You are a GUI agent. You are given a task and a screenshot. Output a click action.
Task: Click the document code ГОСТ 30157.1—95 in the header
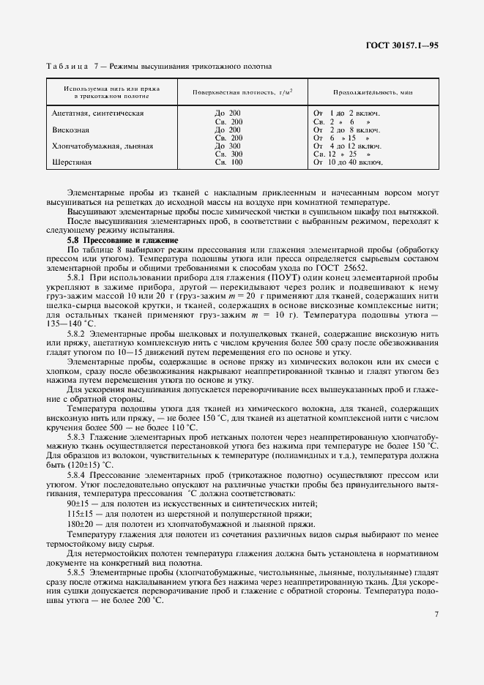pyautogui.click(x=402, y=45)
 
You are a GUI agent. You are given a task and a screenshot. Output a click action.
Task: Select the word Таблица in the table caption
pyautogui.click(x=68, y=66)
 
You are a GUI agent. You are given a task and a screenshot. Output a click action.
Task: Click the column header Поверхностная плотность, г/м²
pyautogui.click(x=232, y=92)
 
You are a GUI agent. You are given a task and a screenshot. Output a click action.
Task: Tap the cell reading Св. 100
pyautogui.click(x=228, y=162)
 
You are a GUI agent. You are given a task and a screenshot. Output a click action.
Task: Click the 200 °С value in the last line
pyautogui.click(x=151, y=601)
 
